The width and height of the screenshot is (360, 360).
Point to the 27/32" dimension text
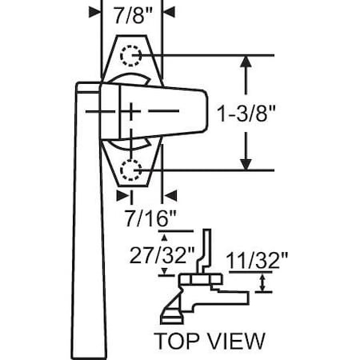(x=162, y=255)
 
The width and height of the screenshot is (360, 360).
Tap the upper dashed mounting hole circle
(x=130, y=55)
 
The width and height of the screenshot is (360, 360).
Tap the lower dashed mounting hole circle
(x=130, y=169)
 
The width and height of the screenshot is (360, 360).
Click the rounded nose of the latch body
(x=204, y=111)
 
